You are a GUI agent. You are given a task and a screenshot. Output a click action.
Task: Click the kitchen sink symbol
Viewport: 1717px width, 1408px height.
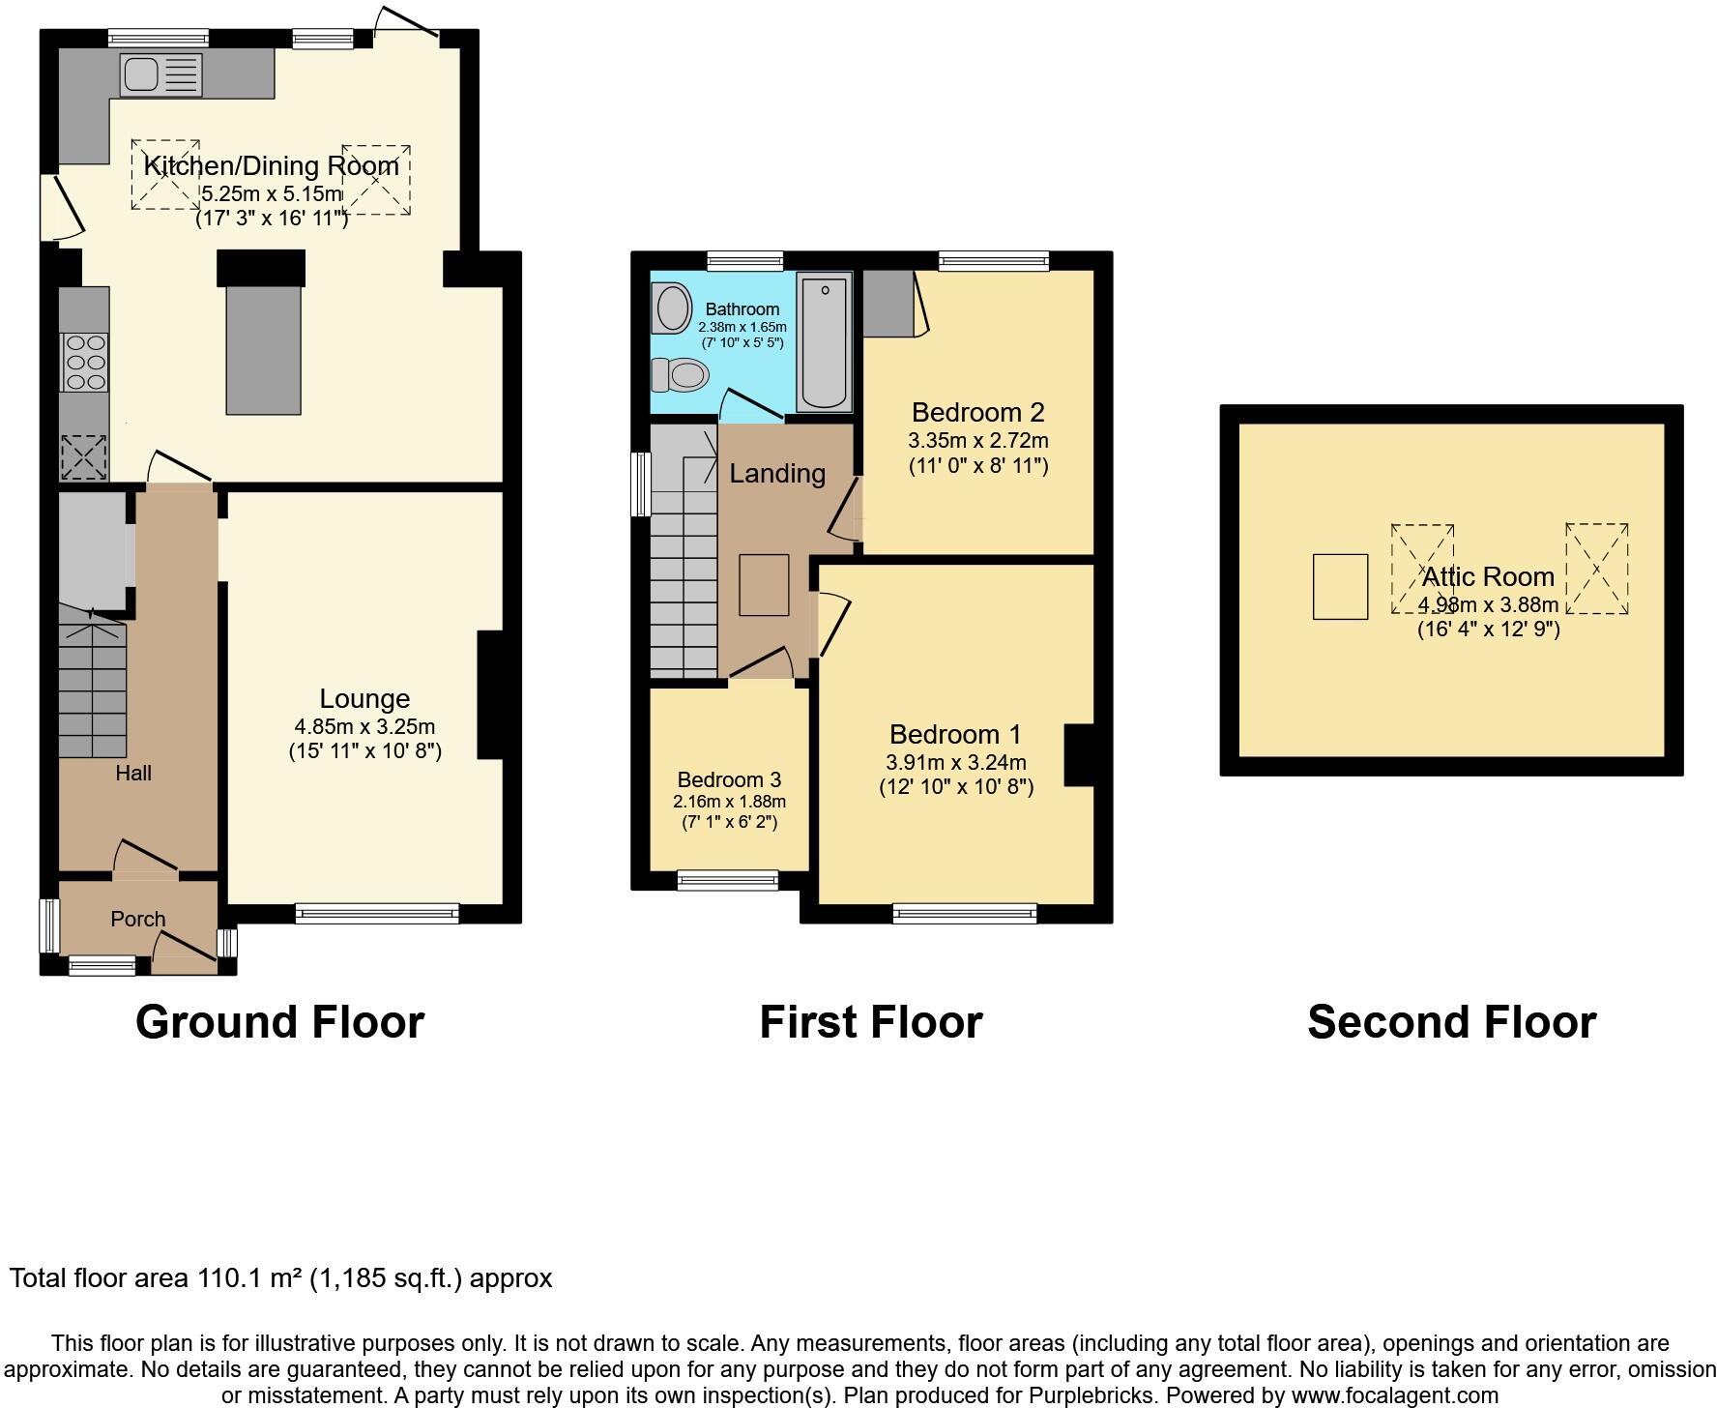(160, 75)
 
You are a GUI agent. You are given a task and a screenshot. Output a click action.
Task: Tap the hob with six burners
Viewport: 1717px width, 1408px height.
(85, 362)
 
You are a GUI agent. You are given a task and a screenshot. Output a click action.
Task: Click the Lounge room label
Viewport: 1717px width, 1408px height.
(364, 699)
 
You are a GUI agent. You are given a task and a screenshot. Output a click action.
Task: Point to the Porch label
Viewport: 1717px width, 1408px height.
(137, 919)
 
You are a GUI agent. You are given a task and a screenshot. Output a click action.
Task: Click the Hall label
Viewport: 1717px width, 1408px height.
(133, 773)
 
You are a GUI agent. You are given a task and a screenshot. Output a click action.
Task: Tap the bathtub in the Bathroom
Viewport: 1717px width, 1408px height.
(824, 342)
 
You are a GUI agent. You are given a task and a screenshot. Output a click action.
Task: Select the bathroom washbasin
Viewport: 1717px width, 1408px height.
(672, 308)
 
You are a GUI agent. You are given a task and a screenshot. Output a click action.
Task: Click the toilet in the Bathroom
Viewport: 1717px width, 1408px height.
(679, 374)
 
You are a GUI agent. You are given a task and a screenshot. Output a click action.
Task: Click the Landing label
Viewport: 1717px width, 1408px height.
(776, 474)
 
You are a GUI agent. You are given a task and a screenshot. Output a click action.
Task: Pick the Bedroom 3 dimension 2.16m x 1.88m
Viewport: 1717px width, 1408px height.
(729, 802)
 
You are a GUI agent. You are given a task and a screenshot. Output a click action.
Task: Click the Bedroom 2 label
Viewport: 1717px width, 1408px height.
(977, 413)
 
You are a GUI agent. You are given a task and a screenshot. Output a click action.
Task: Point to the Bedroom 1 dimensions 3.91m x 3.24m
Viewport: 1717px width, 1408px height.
(955, 762)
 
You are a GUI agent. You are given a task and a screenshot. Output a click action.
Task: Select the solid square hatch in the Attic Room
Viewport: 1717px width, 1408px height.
(1340, 586)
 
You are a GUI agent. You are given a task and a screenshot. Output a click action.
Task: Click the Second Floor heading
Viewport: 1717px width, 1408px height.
(1451, 1022)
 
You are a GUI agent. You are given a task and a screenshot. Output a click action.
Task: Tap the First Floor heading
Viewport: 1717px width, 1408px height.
(870, 1022)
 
